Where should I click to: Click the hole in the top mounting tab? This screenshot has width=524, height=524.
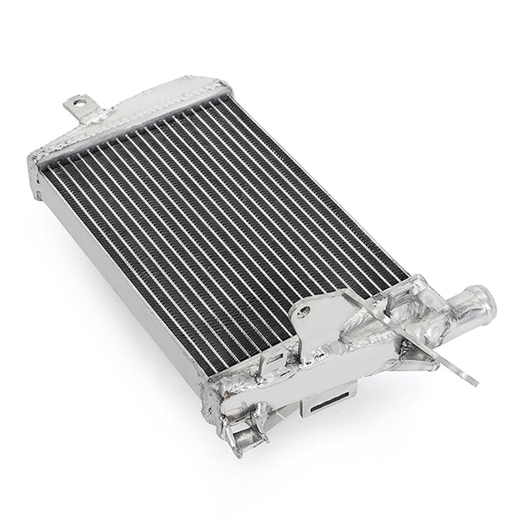click(x=79, y=105)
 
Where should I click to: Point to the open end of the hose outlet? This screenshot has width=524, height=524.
click(x=487, y=307)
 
